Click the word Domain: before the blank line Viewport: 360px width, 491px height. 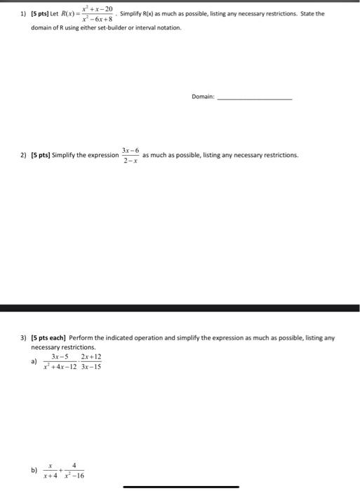click(202, 97)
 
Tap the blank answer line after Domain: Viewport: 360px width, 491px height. click(254, 98)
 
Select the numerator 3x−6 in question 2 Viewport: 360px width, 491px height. click(130, 150)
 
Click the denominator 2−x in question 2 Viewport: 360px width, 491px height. click(130, 161)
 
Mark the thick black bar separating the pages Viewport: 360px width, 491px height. click(180, 308)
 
